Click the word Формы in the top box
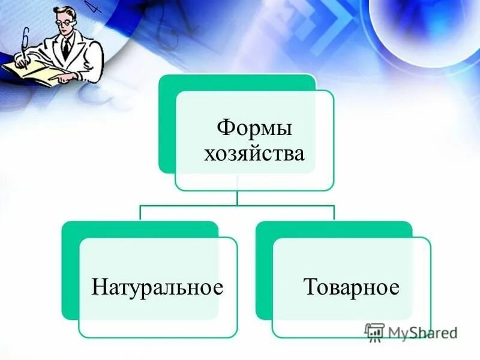[x=254, y=127]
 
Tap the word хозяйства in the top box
[x=254, y=154]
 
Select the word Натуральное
[x=157, y=287]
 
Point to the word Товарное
[x=351, y=287]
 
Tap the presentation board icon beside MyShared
[x=374, y=332]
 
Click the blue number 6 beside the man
[x=25, y=39]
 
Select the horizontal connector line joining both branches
[x=237, y=205]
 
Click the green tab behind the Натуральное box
[x=70, y=270]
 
